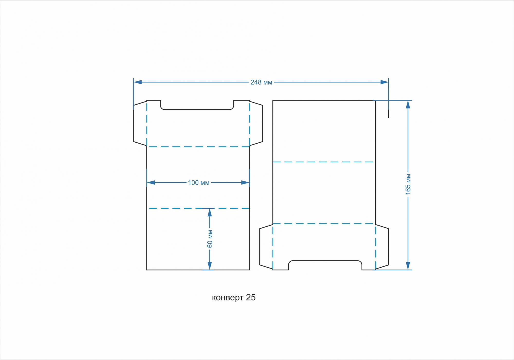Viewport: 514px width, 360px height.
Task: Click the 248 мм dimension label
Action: (x=261, y=82)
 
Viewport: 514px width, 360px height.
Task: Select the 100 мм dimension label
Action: (x=199, y=183)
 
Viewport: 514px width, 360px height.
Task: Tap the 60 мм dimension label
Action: (x=210, y=239)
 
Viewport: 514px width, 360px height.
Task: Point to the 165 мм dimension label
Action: (x=408, y=184)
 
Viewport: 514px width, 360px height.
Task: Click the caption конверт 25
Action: (x=234, y=298)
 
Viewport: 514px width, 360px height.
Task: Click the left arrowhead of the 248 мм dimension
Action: (x=138, y=82)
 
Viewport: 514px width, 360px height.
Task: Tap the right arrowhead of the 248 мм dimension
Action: (x=384, y=82)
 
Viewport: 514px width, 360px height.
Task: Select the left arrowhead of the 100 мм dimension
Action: (x=151, y=183)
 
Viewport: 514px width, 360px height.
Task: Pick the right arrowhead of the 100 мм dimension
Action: (x=245, y=183)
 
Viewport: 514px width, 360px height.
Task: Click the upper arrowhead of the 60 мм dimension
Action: (x=210, y=213)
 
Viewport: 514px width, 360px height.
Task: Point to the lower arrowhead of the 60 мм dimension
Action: (x=210, y=266)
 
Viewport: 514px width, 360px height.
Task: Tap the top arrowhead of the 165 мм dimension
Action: (x=408, y=104)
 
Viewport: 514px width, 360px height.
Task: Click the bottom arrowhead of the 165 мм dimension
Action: (x=408, y=266)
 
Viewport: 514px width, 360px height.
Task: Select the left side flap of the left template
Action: (x=140, y=123)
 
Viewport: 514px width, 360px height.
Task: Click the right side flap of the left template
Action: (x=256, y=123)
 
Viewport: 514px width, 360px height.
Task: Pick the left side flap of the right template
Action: (x=266, y=247)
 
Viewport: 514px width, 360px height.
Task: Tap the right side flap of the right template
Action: (x=382, y=247)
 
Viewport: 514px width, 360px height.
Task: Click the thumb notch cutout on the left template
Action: (x=197, y=109)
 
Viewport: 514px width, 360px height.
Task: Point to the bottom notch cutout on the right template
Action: (x=325, y=261)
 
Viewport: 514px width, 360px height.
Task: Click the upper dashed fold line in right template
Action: (x=323, y=162)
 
